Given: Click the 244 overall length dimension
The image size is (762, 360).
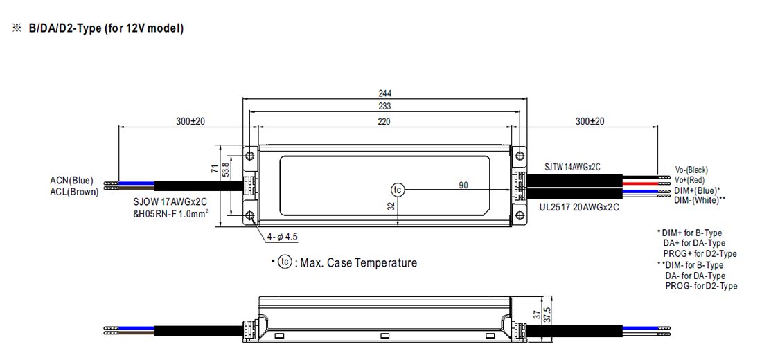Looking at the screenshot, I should (x=384, y=93).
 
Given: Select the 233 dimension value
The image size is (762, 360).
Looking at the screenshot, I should (x=384, y=107).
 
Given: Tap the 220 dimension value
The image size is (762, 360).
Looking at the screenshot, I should (x=384, y=121).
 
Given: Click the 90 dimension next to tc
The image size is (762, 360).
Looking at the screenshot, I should (x=463, y=185).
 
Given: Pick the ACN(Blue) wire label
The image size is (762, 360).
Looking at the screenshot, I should (x=71, y=181).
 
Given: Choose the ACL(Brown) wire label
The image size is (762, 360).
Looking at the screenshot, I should (x=74, y=192).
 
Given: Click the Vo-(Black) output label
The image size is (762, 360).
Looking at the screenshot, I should (x=691, y=170).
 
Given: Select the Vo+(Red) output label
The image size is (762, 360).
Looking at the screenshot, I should (x=689, y=179).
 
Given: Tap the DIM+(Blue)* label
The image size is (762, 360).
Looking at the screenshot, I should (x=697, y=190).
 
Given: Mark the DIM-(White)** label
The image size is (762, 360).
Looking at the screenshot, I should (x=700, y=199).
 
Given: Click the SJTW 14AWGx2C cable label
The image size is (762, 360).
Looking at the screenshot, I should (x=572, y=167).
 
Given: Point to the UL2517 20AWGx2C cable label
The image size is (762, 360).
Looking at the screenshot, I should (x=578, y=206).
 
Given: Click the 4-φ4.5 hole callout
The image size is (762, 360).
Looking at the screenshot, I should (x=283, y=237).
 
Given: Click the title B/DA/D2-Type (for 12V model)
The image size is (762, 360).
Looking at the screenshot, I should (x=105, y=28).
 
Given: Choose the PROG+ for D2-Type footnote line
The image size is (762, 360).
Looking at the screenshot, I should (x=700, y=253).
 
